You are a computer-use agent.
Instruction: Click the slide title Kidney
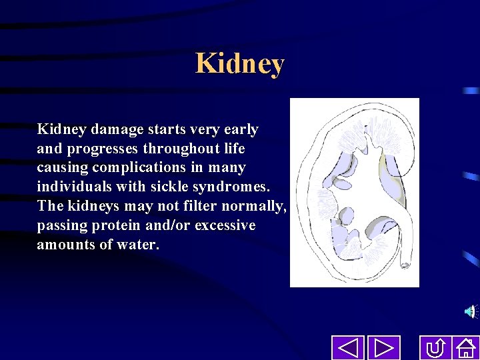coord(240,64)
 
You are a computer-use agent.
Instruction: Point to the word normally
coord(253,206)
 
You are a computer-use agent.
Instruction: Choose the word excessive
coord(225,225)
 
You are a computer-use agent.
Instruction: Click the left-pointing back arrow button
coord(347,348)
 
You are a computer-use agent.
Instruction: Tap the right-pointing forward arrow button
coord(383,348)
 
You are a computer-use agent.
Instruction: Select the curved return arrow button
coord(436,348)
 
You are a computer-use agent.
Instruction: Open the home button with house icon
coord(465,348)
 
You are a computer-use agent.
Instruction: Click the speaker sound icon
coord(471,311)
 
